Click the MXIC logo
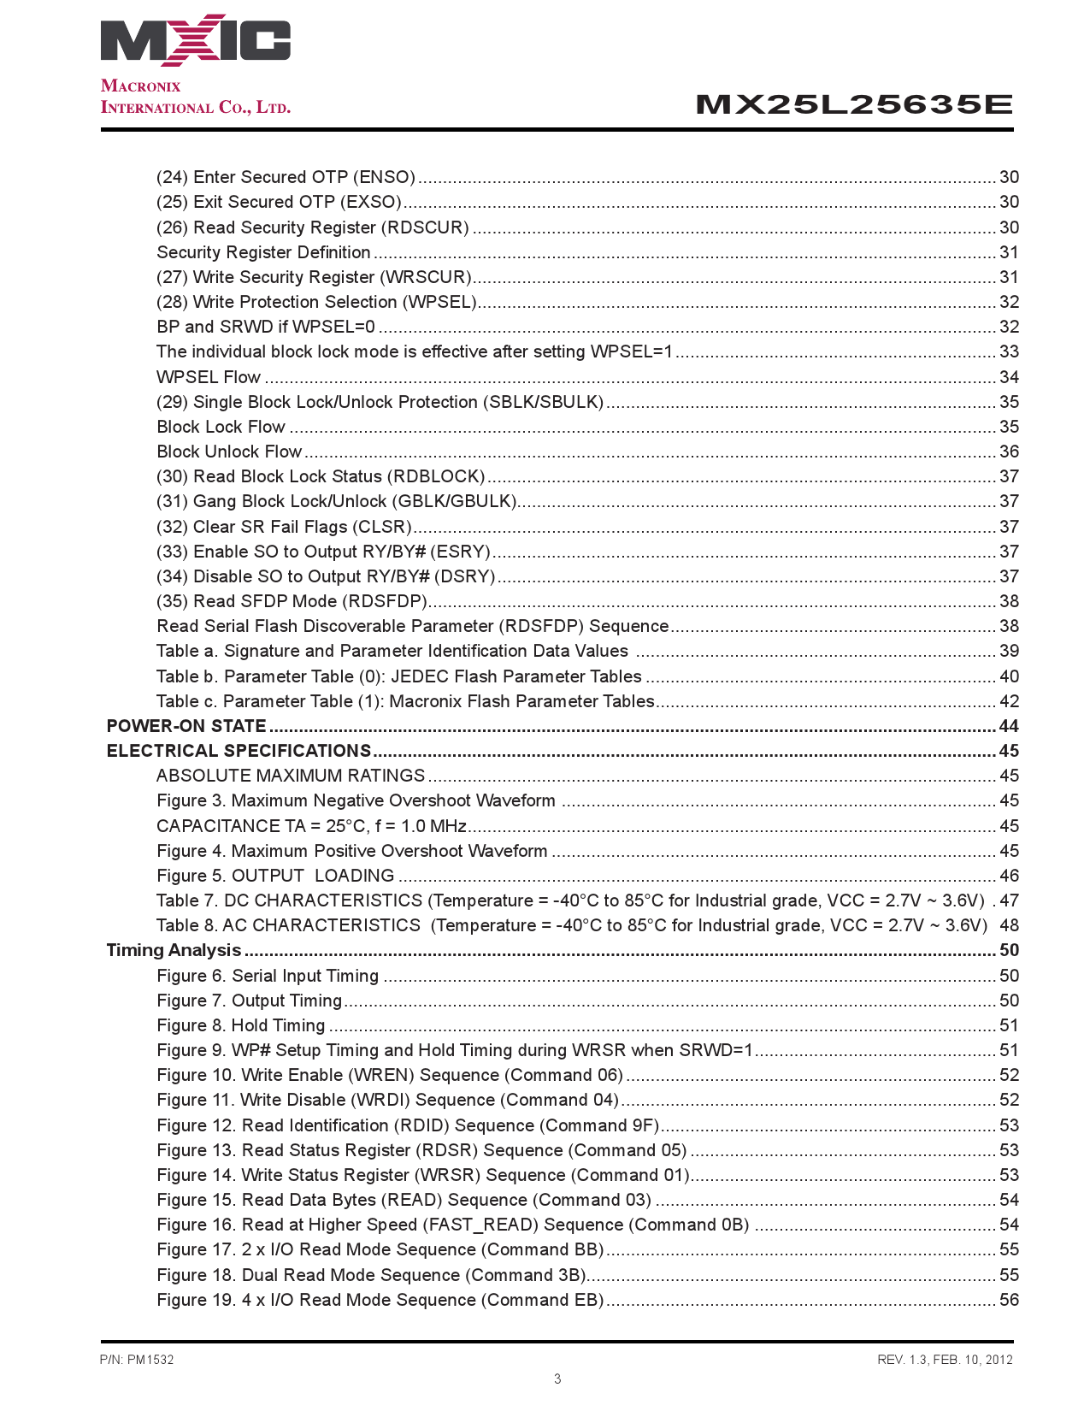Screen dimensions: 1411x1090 (195, 41)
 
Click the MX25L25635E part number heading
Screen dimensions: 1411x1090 (854, 105)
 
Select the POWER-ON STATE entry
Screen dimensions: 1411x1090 (186, 726)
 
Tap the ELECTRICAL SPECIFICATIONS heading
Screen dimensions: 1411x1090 (239, 751)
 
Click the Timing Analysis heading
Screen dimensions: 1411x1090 (174, 950)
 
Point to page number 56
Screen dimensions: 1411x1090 (1009, 1300)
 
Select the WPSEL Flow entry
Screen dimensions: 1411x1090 (209, 377)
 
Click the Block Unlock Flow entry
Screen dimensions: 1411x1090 (229, 452)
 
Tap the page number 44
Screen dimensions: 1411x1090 (1009, 726)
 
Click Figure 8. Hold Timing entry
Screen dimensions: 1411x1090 (241, 1025)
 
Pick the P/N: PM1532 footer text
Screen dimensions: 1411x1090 (137, 1360)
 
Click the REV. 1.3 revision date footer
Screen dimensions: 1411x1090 (945, 1360)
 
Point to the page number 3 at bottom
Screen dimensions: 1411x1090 (557, 1379)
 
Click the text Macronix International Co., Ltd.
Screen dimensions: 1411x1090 (196, 97)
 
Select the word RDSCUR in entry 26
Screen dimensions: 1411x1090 (425, 227)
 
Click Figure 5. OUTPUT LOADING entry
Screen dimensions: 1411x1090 (275, 876)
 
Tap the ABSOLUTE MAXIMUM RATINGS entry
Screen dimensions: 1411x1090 (291, 776)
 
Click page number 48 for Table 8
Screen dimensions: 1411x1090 (1009, 925)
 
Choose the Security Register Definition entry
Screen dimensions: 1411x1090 (263, 252)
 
